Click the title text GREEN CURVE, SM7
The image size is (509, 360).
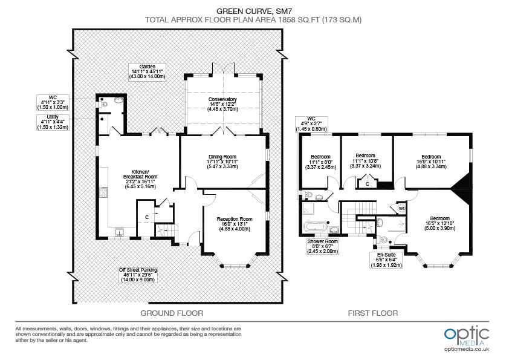pos(246,10)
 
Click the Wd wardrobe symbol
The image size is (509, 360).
pos(401,209)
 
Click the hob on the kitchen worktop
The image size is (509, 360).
pos(103,194)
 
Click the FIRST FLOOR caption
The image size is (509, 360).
pos(372,313)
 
